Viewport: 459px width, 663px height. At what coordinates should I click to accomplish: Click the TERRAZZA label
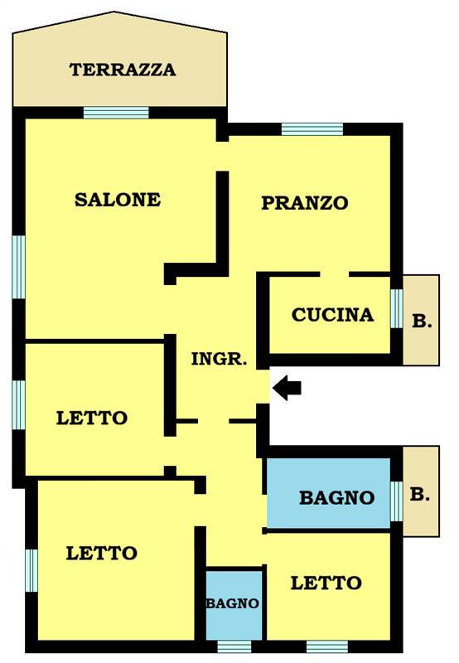(x=123, y=70)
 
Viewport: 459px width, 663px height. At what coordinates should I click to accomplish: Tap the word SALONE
(x=118, y=200)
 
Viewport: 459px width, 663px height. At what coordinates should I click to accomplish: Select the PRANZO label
(x=305, y=203)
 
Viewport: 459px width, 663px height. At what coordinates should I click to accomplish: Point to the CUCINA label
(x=332, y=315)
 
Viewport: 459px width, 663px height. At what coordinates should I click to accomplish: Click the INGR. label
(x=219, y=359)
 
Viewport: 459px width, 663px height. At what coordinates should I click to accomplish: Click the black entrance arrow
(x=287, y=387)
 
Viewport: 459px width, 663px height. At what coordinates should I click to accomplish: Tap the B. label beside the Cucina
(x=422, y=322)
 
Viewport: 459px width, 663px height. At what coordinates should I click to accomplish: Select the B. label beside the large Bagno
(x=420, y=494)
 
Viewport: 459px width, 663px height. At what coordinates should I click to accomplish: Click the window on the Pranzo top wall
(x=312, y=129)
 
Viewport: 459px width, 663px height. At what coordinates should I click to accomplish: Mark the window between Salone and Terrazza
(x=116, y=113)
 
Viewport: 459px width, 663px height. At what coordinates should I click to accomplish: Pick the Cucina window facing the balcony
(x=397, y=308)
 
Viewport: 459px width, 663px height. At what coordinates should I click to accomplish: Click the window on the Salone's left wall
(x=18, y=267)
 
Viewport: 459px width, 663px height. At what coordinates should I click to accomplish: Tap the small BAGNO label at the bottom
(x=233, y=603)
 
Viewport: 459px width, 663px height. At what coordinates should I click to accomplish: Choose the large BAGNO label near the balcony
(x=337, y=498)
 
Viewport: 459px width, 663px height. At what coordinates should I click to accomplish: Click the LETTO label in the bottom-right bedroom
(x=326, y=583)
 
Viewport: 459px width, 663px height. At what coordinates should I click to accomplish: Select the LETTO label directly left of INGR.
(x=92, y=419)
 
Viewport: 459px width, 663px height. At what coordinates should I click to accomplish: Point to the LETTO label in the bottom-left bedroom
(x=101, y=554)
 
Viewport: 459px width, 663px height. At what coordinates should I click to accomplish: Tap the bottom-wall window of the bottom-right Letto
(x=327, y=647)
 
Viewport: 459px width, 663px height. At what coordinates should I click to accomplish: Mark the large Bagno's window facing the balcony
(x=397, y=501)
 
